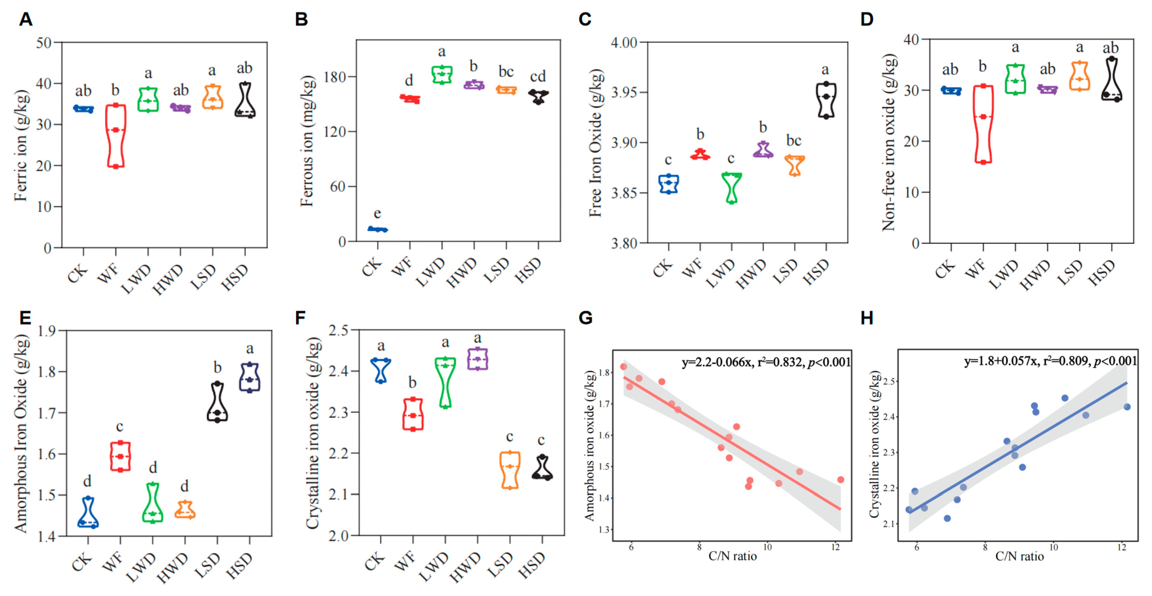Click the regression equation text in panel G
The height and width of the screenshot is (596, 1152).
point(766,362)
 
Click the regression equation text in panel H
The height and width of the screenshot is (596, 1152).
point(1050,361)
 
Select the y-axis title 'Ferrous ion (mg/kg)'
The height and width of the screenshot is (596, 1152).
point(307,141)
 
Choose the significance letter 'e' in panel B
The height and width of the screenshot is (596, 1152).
point(377,214)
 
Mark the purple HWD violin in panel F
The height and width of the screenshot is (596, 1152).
point(478,359)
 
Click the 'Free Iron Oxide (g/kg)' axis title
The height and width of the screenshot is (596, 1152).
point(595,143)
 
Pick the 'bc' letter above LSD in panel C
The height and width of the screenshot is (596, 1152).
point(794,140)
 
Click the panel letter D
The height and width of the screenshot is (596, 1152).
point(867,19)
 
